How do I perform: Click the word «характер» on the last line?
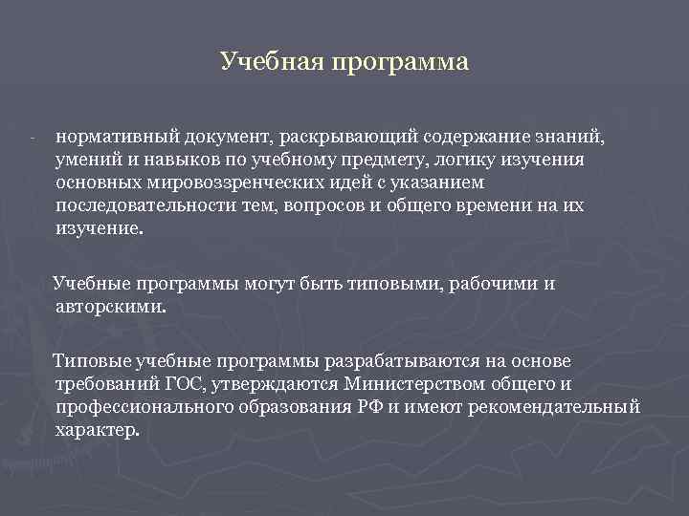tap(96, 431)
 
